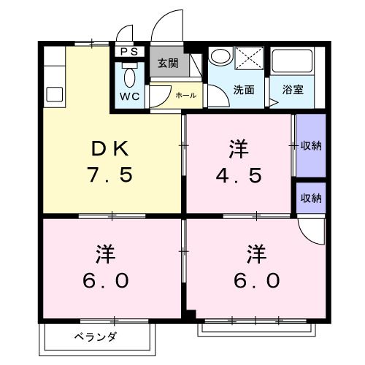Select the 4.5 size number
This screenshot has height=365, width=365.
click(x=239, y=176)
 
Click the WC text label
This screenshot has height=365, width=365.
click(x=131, y=96)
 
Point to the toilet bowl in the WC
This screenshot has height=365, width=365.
click(x=130, y=76)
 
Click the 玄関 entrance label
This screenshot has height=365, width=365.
click(x=169, y=63)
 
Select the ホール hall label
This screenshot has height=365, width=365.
click(x=185, y=95)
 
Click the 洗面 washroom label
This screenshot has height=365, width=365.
click(x=244, y=90)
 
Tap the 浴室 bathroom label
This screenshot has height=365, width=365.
click(x=293, y=90)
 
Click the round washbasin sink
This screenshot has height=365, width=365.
click(x=220, y=57)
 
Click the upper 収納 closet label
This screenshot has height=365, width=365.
click(x=312, y=145)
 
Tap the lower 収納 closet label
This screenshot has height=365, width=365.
click(x=312, y=197)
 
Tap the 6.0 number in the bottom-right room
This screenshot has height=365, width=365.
click(x=255, y=280)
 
